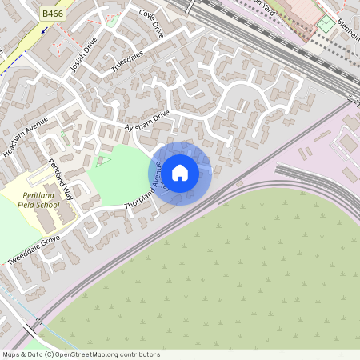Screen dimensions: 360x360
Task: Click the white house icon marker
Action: point(180,172)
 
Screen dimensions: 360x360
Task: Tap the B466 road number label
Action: point(54,14)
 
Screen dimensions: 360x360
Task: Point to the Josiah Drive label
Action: point(82,54)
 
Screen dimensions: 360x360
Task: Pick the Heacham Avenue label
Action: point(25,136)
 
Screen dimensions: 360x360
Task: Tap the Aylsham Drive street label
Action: point(147,122)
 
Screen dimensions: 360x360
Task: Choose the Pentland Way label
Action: point(60,180)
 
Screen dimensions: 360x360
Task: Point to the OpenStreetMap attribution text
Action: point(81,354)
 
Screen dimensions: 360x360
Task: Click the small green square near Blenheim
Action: point(325,23)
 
